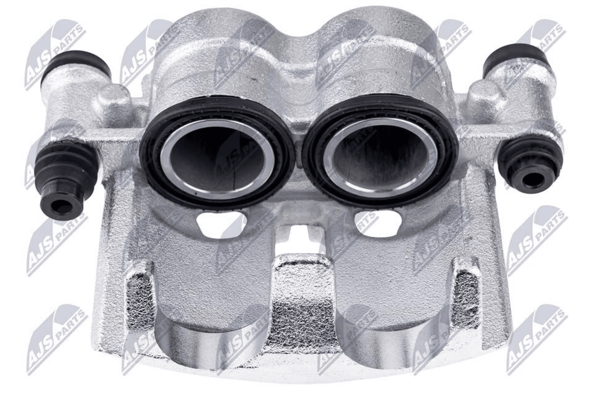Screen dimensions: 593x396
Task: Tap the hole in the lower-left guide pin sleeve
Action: (x=60, y=207)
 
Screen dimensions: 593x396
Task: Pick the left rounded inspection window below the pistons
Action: (x=221, y=224)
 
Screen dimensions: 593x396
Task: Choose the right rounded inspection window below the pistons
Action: (x=378, y=223)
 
